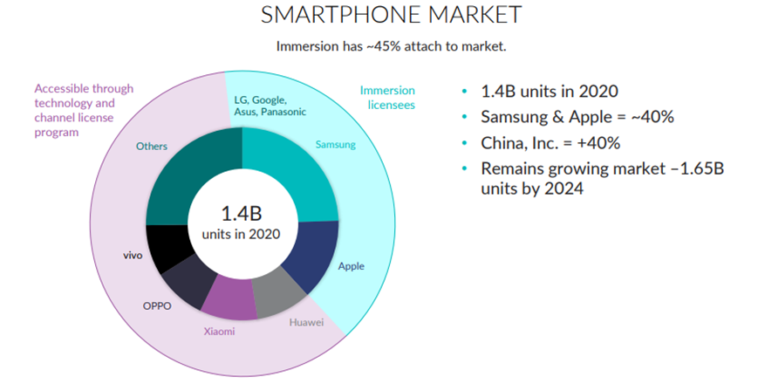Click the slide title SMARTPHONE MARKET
379,15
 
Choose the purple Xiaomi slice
229,297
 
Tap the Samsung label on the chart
335,144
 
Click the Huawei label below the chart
306,322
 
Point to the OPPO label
157,305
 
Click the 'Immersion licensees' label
387,97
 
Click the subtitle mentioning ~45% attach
378,46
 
